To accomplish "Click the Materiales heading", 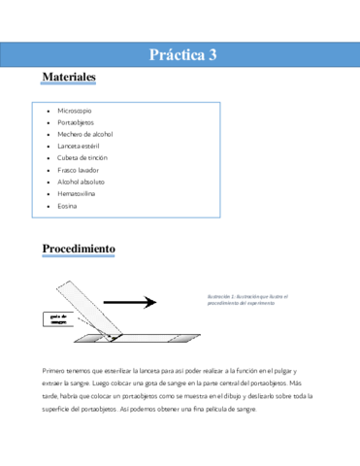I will coord(69,76).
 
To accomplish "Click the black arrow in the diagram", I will coord(131,303).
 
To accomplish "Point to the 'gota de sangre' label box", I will coord(58,321).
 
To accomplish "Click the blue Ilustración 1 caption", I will coord(248,299).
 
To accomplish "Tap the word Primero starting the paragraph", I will coord(56,372).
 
